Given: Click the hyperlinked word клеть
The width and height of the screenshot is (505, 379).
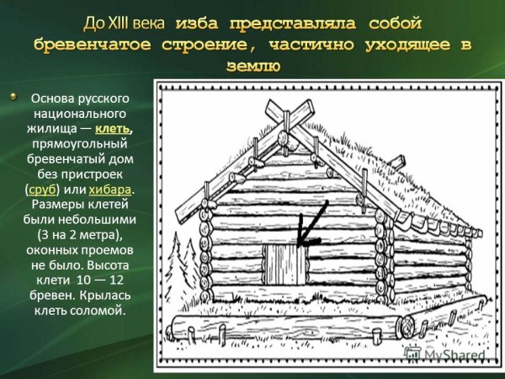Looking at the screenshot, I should tap(113, 128).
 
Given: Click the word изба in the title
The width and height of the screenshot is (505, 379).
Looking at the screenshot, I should tap(209, 20).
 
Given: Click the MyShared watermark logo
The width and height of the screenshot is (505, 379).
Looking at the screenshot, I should tap(454, 355).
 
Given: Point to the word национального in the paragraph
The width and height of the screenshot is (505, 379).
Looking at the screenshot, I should tap(77, 113).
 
